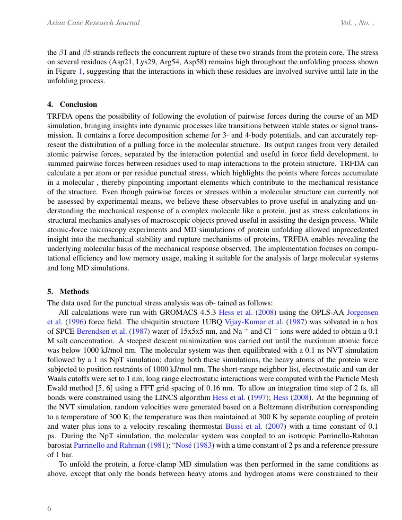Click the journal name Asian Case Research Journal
(x=93, y=23)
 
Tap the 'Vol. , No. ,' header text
(x=358, y=23)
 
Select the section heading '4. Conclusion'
(x=72, y=104)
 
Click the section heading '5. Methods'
(x=68, y=292)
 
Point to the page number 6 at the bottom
(x=49, y=509)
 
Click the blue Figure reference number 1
(x=80, y=71)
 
